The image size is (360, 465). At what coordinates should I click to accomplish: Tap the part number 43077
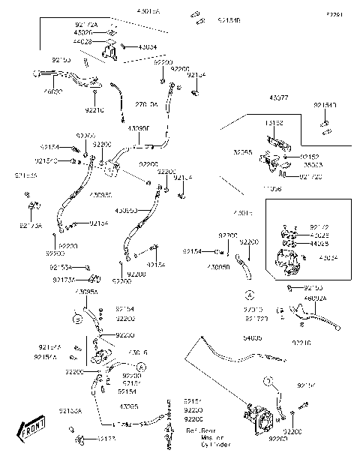point(280,97)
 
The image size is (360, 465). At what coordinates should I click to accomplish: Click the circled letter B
point(76,319)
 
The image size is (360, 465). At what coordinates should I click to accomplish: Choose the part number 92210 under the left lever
point(94,110)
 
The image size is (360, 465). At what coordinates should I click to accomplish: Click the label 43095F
point(139,128)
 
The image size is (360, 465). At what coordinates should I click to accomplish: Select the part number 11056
point(272,190)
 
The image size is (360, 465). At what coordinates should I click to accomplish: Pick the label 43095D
point(129,211)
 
